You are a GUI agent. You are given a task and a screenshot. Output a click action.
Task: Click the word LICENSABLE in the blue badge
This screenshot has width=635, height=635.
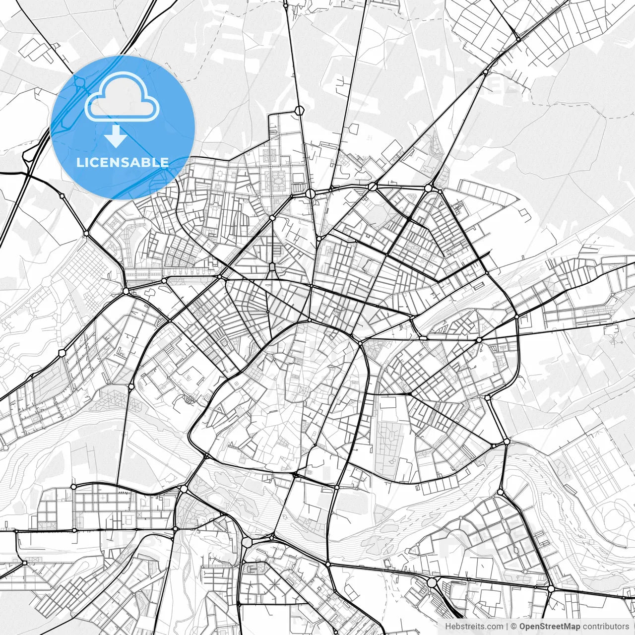tap(122, 162)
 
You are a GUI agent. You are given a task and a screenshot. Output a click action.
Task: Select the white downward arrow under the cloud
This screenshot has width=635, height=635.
tap(116, 136)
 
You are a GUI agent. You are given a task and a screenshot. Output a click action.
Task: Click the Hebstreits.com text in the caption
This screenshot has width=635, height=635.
tap(474, 627)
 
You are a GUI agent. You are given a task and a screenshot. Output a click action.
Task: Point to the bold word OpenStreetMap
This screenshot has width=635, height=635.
tap(549, 627)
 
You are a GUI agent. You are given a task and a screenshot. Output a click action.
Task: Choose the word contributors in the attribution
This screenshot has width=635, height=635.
tap(605, 627)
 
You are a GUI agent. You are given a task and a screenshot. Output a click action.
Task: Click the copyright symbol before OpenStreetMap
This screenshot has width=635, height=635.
tap(514, 627)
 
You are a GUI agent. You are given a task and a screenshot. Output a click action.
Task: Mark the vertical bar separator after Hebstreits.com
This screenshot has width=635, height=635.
tap(507, 627)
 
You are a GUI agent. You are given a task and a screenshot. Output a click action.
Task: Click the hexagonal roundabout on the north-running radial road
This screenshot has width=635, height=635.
tap(299, 110)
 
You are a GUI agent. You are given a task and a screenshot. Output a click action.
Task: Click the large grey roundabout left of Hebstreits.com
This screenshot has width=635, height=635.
tap(432, 582)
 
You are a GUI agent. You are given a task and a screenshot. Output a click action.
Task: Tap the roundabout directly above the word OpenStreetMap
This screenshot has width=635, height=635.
tap(551, 588)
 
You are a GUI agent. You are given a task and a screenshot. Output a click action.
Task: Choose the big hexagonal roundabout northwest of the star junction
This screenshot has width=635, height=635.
tap(248, 542)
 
